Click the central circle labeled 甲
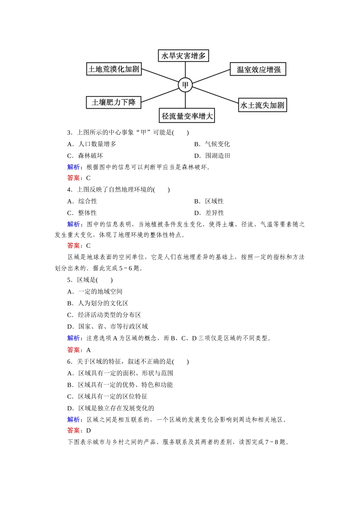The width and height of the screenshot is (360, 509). tap(185, 85)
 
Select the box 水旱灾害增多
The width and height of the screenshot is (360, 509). tap(183, 56)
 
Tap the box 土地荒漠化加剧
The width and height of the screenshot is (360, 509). tap(114, 69)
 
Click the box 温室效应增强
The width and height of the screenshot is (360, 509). tap(258, 69)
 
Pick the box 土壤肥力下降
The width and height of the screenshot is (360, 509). tap(114, 102)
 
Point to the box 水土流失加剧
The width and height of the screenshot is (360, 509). tap(262, 105)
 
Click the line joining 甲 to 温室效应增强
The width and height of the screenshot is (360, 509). tap(211, 76)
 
